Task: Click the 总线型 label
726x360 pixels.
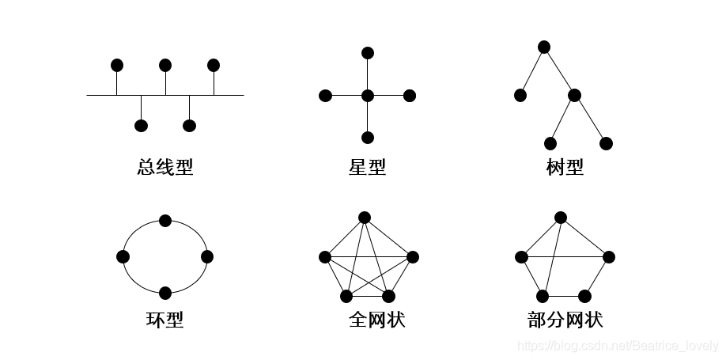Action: [x=164, y=167]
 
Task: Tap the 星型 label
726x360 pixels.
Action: [x=367, y=167]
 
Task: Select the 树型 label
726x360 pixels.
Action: [x=565, y=167]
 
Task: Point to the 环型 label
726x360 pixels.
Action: [x=164, y=320]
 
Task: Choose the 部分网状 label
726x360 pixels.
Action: [x=565, y=320]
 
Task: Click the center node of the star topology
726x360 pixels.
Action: [x=367, y=96]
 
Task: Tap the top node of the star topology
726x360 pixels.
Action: [x=367, y=53]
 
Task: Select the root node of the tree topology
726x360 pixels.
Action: [x=544, y=47]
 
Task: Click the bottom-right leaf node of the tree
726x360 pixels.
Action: [x=606, y=143]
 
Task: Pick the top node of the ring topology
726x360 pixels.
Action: [x=165, y=220]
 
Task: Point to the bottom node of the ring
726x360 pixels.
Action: [x=165, y=293]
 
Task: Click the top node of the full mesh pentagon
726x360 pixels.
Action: [x=364, y=217]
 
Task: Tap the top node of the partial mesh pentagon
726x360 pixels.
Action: [x=561, y=217]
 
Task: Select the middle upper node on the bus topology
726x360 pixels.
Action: [x=165, y=65]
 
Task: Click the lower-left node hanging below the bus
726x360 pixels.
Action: [x=141, y=125]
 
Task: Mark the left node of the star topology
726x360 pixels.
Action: [x=325, y=96]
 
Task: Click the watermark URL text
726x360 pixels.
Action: [x=618, y=346]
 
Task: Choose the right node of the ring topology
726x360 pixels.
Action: [x=207, y=256]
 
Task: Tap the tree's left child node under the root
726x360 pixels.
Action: [x=520, y=96]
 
